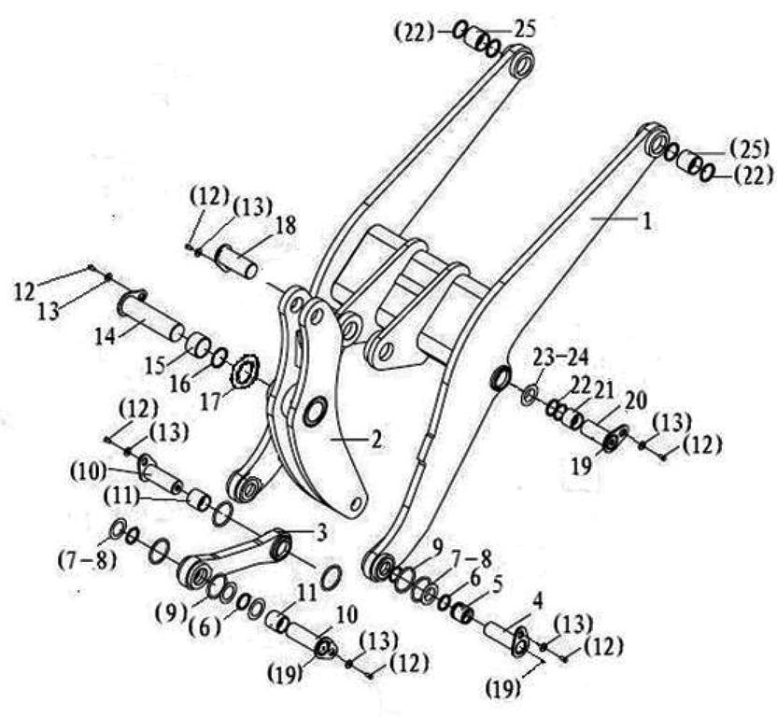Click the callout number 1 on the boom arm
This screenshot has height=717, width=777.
pos(646,221)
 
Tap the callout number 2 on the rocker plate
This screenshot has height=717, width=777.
pos(376,440)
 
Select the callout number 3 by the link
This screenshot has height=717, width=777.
pos(321,533)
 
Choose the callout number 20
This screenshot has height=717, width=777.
pos(635,401)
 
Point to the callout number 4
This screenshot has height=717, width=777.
pos(537,601)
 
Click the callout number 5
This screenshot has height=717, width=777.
pos(496,584)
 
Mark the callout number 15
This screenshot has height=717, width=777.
pos(156,365)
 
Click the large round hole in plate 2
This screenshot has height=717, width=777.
pos(316,411)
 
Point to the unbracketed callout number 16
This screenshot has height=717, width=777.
pos(182,385)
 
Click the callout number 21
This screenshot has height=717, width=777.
pos(603,391)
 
